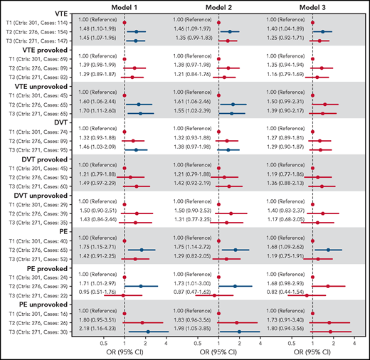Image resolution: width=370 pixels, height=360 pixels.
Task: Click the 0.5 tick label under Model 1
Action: point(104,345)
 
